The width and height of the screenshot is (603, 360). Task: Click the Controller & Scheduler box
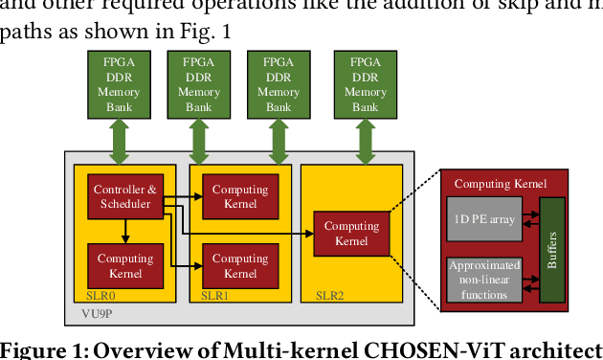point(125,196)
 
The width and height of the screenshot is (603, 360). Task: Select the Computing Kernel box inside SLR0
point(125,265)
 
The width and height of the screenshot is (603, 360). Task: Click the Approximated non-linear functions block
point(483,280)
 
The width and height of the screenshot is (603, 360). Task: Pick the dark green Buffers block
point(552,248)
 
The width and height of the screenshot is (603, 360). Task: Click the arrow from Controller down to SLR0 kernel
point(125,231)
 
